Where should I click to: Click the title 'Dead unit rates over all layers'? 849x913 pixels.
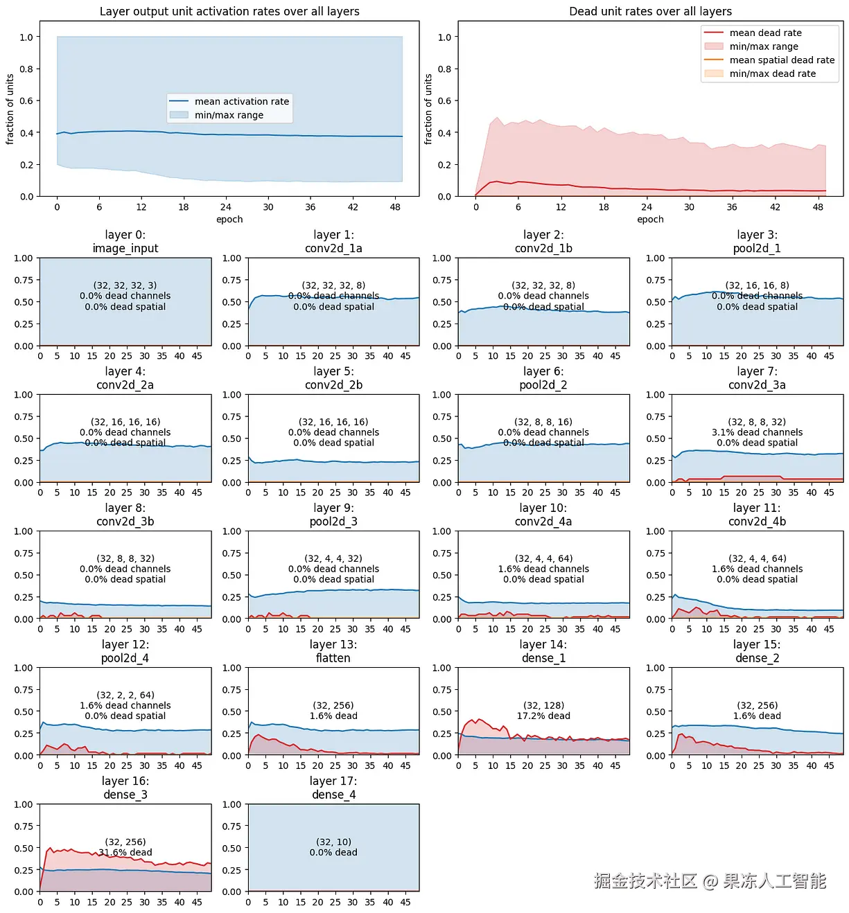tap(650, 11)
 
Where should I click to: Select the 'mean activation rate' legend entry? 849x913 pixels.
tap(241, 101)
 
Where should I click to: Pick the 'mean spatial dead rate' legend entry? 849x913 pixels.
tap(782, 60)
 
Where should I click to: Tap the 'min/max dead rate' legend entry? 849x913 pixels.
tap(772, 73)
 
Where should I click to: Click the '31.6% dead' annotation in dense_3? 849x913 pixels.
tap(125, 852)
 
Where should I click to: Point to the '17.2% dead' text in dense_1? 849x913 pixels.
tap(543, 716)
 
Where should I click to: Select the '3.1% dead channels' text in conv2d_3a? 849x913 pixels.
tap(757, 432)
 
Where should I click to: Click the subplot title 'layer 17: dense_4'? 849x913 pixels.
tap(333, 788)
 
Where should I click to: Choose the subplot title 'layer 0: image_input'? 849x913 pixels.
tap(125, 242)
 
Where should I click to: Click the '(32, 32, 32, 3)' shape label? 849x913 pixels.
tap(125, 285)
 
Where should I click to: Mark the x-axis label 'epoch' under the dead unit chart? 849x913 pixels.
tap(650, 220)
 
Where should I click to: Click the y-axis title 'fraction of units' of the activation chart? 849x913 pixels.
tap(10, 109)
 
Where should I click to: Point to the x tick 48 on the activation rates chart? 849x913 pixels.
tap(395, 207)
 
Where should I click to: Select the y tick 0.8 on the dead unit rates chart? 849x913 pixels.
tap(444, 69)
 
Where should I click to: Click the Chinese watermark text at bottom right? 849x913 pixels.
tap(710, 881)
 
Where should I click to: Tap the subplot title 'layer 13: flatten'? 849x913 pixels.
tap(333, 651)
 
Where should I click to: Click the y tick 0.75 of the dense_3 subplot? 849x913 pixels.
tap(24, 826)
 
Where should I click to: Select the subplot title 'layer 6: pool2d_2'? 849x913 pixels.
tap(543, 378)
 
